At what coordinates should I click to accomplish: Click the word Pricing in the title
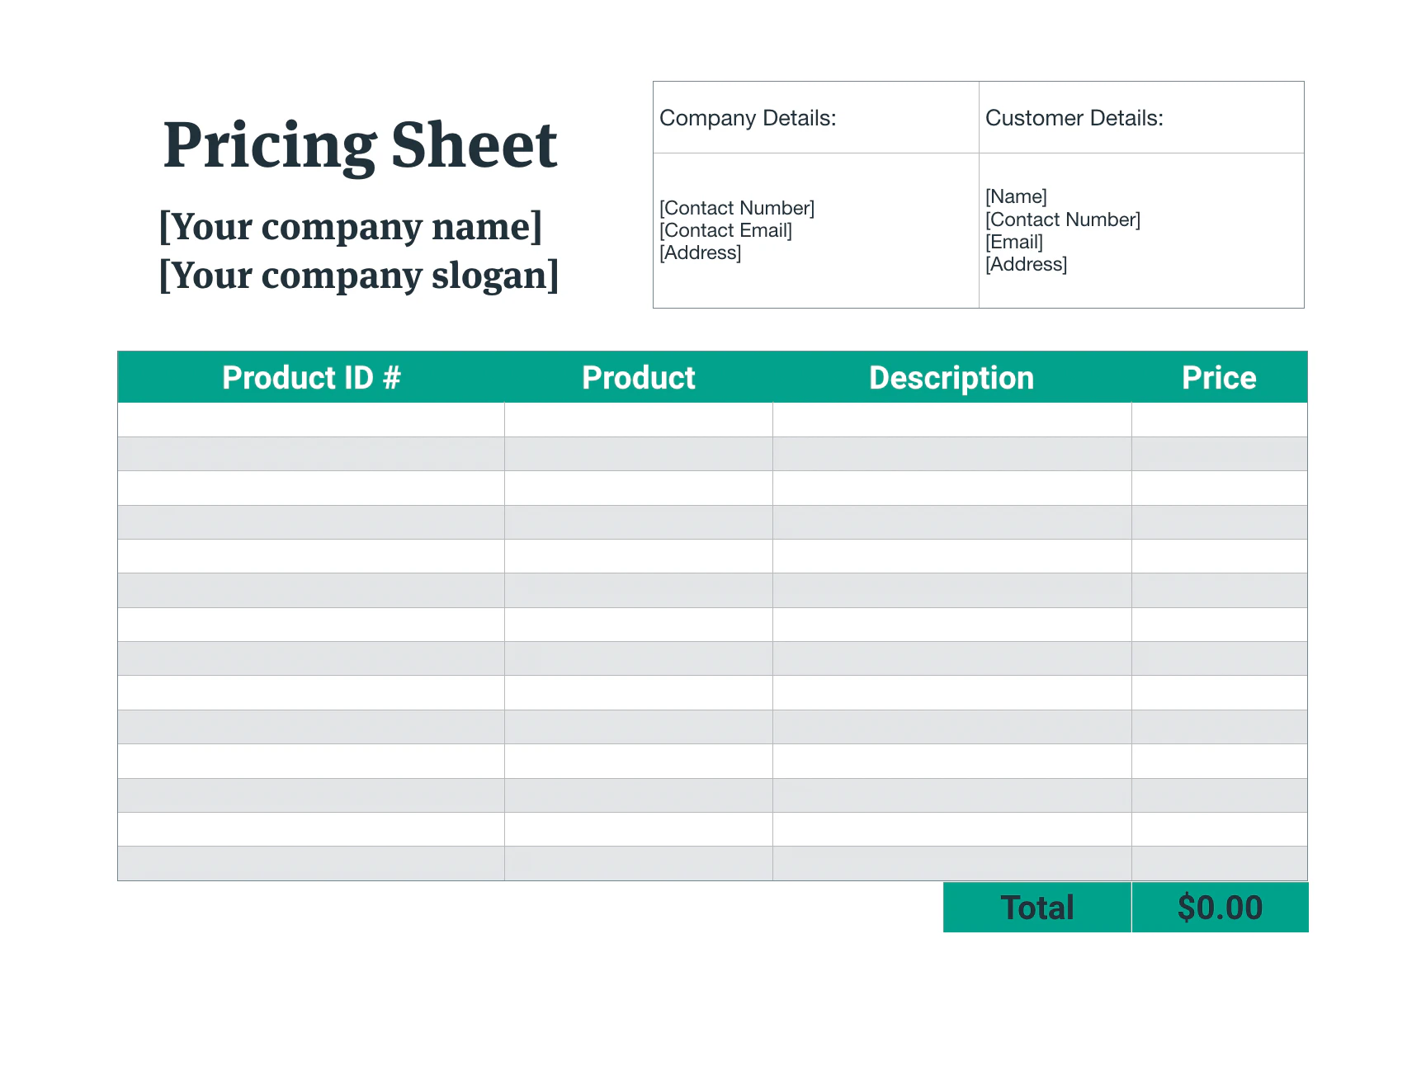pyautogui.click(x=269, y=146)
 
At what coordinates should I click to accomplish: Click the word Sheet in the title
pyautogui.click(x=474, y=146)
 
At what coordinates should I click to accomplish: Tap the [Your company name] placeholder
pyautogui.click(x=351, y=226)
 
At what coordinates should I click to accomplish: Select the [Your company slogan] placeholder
pyautogui.click(x=359, y=275)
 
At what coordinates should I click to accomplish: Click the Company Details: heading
pyautogui.click(x=748, y=118)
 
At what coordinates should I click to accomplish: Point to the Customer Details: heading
pyautogui.click(x=1074, y=118)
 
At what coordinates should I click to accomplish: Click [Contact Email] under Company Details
pyautogui.click(x=725, y=230)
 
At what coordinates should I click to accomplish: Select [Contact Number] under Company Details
pyautogui.click(x=736, y=208)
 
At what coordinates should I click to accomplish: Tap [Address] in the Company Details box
pyautogui.click(x=700, y=252)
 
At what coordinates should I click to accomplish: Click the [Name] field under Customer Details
pyautogui.click(x=1016, y=196)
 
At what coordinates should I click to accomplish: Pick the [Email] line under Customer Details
pyautogui.click(x=1014, y=242)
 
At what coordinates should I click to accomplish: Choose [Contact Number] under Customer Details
pyautogui.click(x=1062, y=219)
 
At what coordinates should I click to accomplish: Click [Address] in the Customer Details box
pyautogui.click(x=1026, y=264)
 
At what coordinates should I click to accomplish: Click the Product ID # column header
pyautogui.click(x=311, y=378)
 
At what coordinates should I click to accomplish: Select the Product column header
pyautogui.click(x=638, y=378)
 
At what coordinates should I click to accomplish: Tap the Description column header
pyautogui.click(x=951, y=378)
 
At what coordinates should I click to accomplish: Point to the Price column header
pyautogui.click(x=1219, y=378)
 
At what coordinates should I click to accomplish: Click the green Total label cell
pyautogui.click(x=1036, y=908)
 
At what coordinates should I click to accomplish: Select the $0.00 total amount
pyautogui.click(x=1220, y=908)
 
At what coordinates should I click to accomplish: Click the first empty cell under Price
pyautogui.click(x=1219, y=420)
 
